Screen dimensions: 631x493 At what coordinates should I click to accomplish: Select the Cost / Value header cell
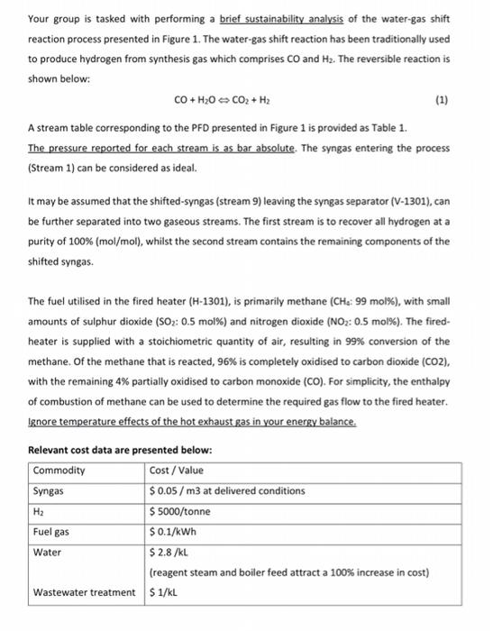click(177, 471)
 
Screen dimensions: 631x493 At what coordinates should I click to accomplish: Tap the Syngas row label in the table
click(48, 490)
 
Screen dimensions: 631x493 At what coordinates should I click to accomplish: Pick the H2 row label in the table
click(40, 510)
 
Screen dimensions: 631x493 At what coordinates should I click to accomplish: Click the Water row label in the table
click(46, 551)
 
